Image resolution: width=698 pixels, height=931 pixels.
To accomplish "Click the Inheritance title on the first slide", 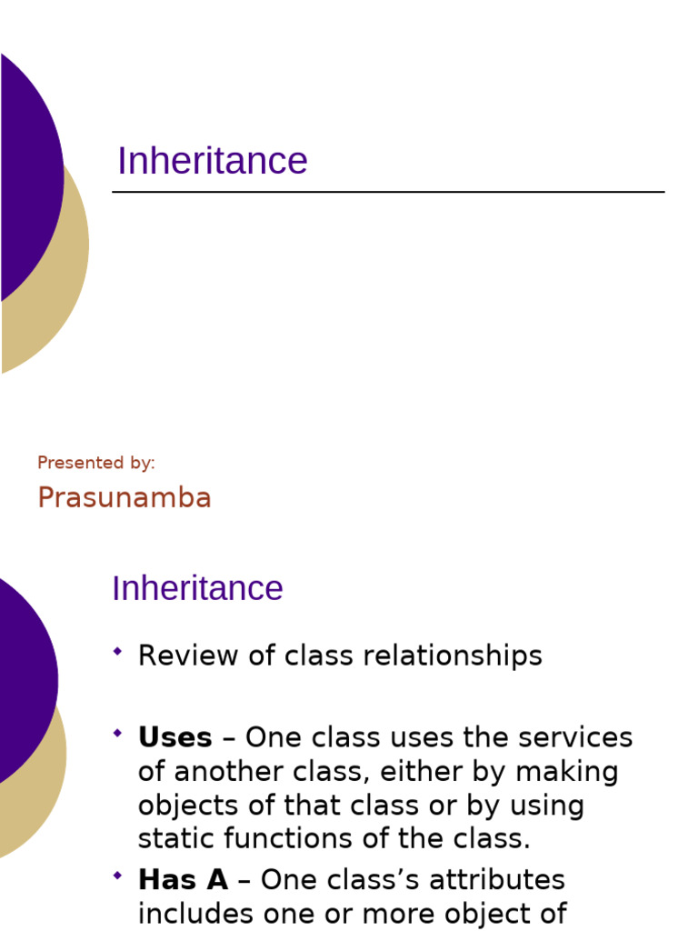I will pos(212,161).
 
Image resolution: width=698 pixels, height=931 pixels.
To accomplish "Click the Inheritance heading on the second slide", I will pos(197,588).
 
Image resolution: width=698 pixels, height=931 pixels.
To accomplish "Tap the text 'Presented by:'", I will pos(96,463).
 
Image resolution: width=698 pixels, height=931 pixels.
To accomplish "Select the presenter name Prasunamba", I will pos(125,497).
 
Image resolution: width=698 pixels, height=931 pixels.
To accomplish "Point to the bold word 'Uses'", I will pos(174,736).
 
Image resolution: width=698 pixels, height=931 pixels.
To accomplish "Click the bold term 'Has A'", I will pos(183,879).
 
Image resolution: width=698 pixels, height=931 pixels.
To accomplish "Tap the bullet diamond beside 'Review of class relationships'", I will pos(117,651).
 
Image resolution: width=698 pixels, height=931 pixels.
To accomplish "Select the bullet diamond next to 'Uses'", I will pos(117,732).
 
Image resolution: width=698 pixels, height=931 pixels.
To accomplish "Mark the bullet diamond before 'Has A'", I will pos(117,875).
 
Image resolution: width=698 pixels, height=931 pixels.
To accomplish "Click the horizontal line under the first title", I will pos(388,192).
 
